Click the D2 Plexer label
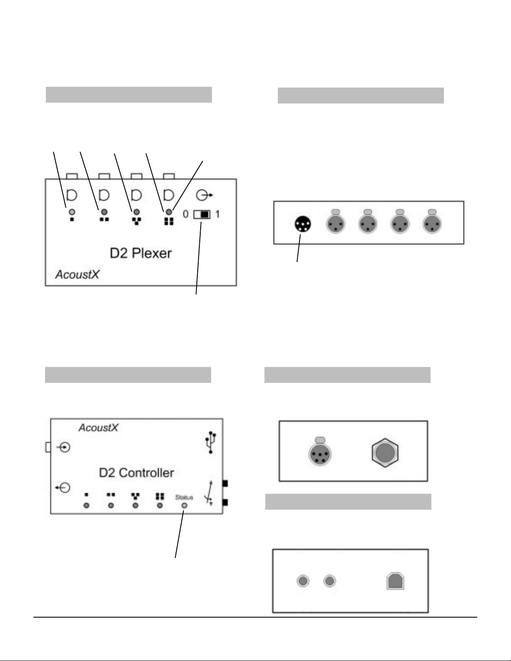tap(141, 253)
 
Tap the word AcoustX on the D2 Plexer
tap(77, 274)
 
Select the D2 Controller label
tap(136, 473)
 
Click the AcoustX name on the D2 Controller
tap(98, 428)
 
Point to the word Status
tap(184, 497)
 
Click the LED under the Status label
tap(184, 505)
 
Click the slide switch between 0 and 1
tap(201, 215)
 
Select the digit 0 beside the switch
tap(186, 215)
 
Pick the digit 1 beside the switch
tap(217, 215)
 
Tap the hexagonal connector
tap(385, 452)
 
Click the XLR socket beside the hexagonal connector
tap(320, 452)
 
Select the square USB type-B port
tap(395, 581)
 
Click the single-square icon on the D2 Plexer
tap(72, 219)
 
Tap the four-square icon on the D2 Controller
tap(160, 496)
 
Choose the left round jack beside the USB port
tap(303, 581)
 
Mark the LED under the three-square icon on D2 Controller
tap(135, 505)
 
